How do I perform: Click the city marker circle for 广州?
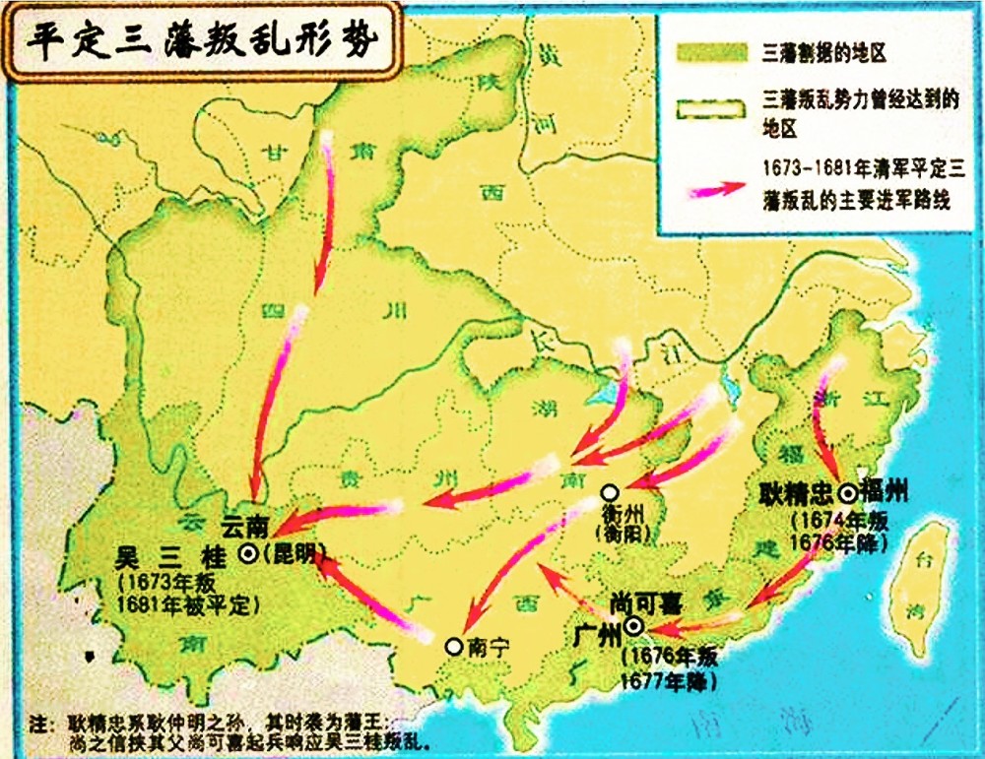coord(633,626)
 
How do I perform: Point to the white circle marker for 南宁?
coord(452,647)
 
